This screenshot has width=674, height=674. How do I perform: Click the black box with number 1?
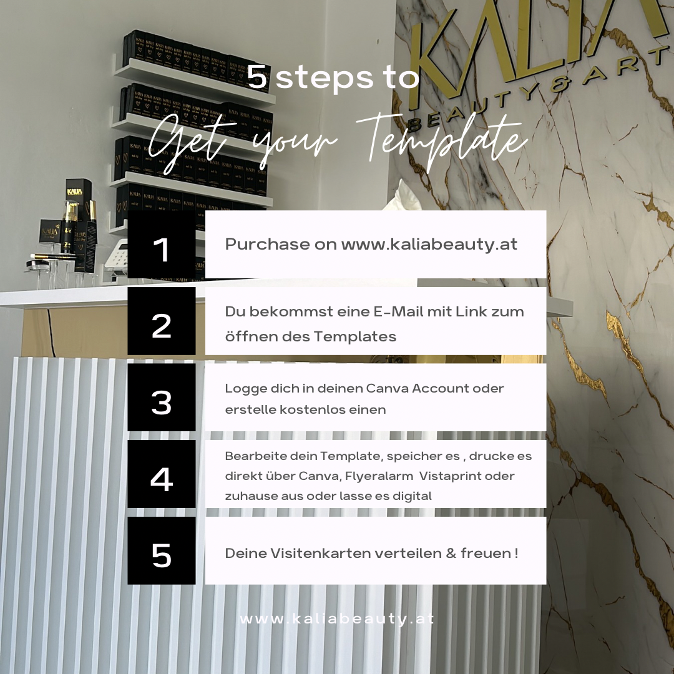point(162,244)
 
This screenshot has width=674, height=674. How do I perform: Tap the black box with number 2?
point(162,321)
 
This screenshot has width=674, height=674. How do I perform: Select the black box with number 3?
point(162,398)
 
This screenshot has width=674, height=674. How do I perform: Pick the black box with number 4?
point(162,474)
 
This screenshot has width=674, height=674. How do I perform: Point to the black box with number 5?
point(162,550)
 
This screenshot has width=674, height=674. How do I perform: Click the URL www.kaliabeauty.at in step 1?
point(429,245)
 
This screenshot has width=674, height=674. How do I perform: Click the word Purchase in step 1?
point(267,244)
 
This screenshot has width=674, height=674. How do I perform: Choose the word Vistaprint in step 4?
point(446,476)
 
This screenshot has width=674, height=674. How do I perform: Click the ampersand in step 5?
point(451,553)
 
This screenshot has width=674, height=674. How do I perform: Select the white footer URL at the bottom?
point(337,619)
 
